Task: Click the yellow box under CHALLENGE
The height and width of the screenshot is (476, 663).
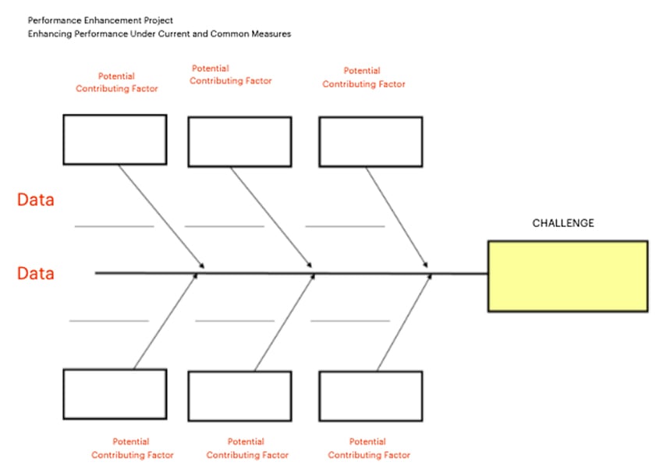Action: pyautogui.click(x=567, y=276)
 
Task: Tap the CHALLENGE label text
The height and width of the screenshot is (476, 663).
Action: pyautogui.click(x=562, y=223)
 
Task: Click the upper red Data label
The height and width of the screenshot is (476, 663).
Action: pyautogui.click(x=36, y=200)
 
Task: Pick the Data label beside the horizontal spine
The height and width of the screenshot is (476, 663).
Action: pyautogui.click(x=36, y=274)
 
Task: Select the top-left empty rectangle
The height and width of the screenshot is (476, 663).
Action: pyautogui.click(x=115, y=140)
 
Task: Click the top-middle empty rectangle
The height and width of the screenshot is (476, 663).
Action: pyautogui.click(x=240, y=141)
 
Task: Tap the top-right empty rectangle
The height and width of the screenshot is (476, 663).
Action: pyautogui.click(x=370, y=141)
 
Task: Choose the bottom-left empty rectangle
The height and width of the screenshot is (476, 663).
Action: pyautogui.click(x=115, y=394)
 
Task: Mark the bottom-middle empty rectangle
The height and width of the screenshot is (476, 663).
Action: pyautogui.click(x=240, y=396)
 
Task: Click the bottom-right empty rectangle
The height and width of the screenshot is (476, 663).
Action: pyautogui.click(x=370, y=396)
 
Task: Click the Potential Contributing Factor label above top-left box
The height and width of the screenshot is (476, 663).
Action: pyautogui.click(x=116, y=83)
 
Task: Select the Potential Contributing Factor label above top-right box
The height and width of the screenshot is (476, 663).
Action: pyautogui.click(x=363, y=77)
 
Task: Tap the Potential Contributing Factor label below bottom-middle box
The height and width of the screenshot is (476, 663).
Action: pyautogui.click(x=246, y=449)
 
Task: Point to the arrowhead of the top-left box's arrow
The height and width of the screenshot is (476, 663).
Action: pyautogui.click(x=202, y=266)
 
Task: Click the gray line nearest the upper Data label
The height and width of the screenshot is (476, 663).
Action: pyautogui.click(x=114, y=226)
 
